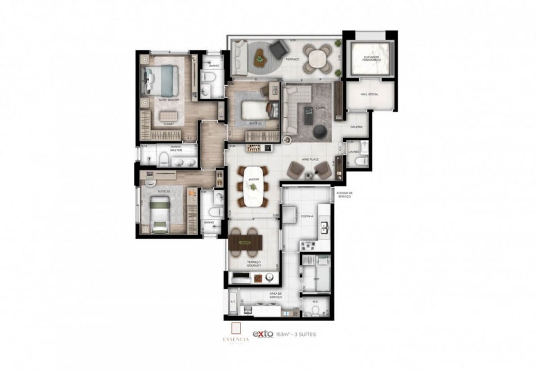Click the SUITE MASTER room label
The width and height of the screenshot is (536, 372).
click(x=168, y=100)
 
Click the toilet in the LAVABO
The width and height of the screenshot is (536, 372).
click(x=362, y=160)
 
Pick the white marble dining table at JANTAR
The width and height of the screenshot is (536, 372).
click(x=255, y=186)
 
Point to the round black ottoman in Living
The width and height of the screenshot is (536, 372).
click(x=319, y=131)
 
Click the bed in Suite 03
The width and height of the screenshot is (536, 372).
click(x=255, y=110)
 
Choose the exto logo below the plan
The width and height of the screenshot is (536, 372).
click(x=263, y=334)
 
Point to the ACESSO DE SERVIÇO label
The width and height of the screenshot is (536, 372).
click(x=344, y=195)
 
